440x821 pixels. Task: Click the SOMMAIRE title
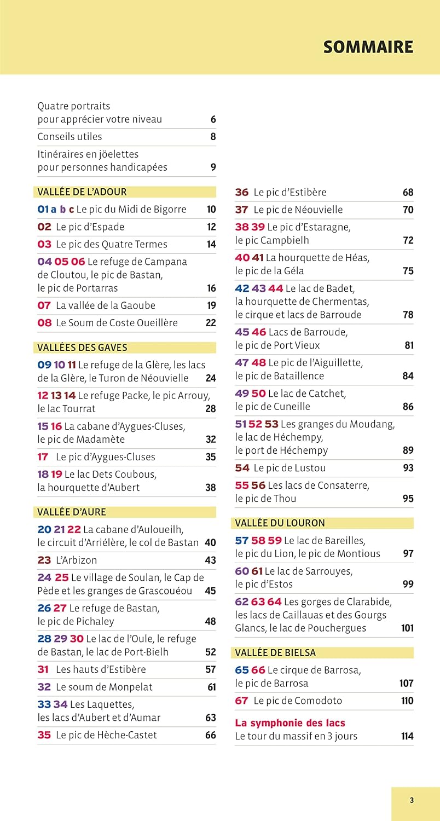click(368, 47)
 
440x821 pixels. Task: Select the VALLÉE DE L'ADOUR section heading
click(82, 192)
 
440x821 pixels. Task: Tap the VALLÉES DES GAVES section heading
click(82, 348)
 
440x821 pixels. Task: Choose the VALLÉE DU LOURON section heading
click(280, 523)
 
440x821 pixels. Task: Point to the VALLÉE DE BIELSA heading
click(275, 653)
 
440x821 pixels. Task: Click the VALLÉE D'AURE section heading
click(72, 512)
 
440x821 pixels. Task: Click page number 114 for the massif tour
click(407, 736)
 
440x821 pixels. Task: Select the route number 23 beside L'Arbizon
click(44, 560)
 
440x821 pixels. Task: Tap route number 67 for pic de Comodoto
click(242, 701)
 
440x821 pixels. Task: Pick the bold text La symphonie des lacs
click(290, 723)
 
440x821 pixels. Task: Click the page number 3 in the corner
click(412, 800)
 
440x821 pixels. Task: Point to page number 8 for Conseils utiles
click(213, 137)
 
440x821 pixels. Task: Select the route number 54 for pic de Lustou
click(242, 468)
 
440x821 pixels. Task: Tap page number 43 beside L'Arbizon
click(210, 560)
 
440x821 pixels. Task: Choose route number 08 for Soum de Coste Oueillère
click(44, 323)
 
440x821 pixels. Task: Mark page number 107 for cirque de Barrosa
click(406, 684)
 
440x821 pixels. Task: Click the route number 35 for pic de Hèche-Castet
click(44, 735)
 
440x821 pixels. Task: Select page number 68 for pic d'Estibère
click(408, 193)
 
